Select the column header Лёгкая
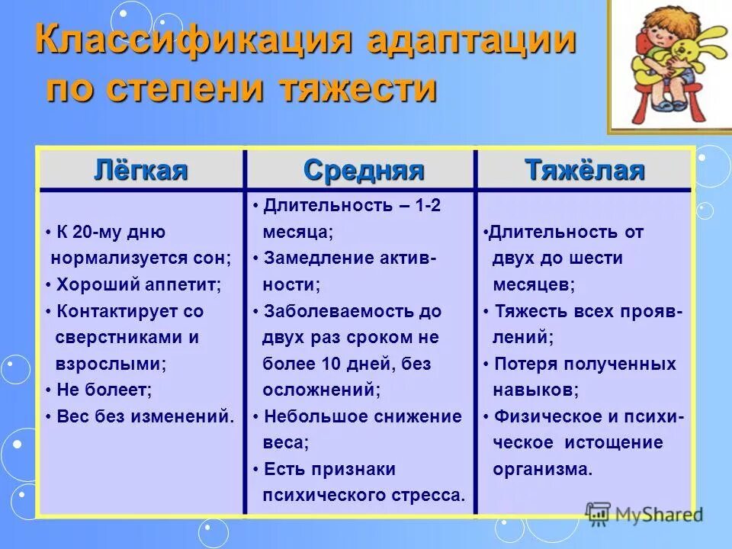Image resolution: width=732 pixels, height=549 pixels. (x=141, y=170)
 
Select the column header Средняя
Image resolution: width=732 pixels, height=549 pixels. (x=363, y=170)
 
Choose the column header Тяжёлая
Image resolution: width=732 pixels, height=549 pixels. (x=585, y=170)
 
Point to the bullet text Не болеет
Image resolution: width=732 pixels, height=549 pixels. (x=104, y=390)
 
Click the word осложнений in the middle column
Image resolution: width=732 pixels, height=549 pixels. (x=320, y=390)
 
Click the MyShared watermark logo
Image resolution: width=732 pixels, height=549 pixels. (x=644, y=514)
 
